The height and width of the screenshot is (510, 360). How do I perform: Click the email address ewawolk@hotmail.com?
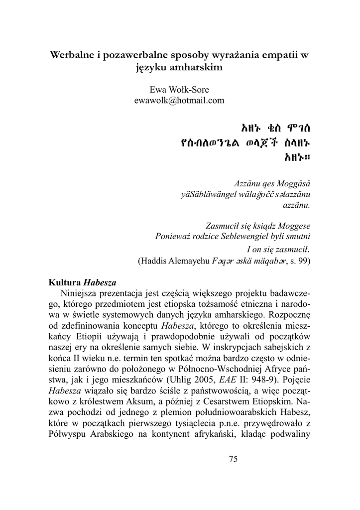pyautogui.click(x=179, y=100)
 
